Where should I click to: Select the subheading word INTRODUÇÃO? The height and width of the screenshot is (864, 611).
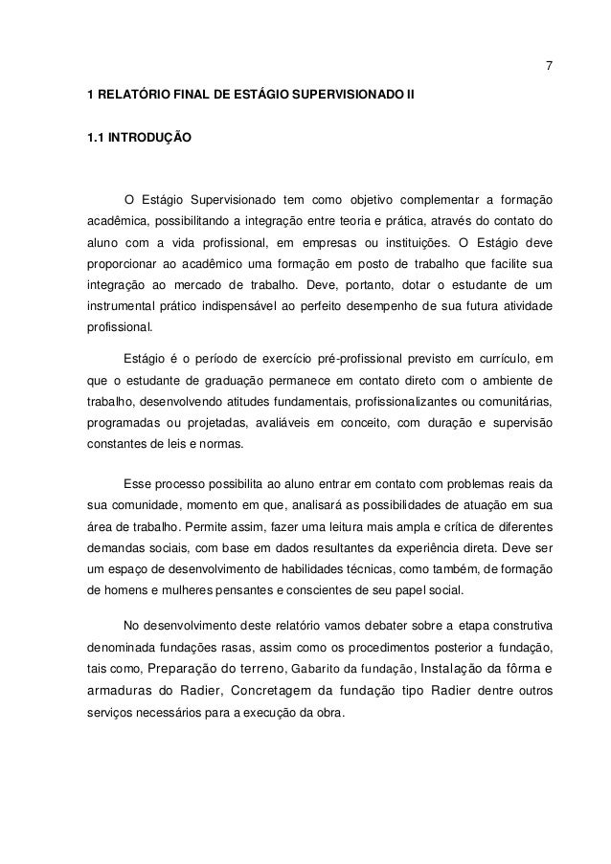150,140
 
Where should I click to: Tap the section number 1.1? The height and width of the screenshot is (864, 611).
95,140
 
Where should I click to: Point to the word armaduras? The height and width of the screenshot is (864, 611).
118,695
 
